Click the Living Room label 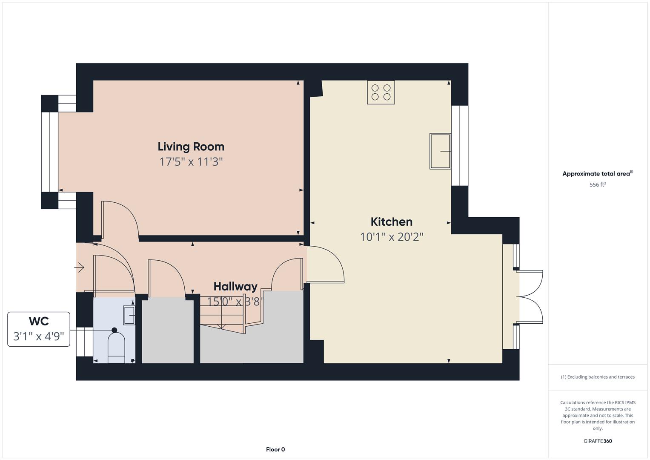191,147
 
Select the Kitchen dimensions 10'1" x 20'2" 391,237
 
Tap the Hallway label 235,286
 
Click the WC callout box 39,329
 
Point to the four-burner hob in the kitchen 381,92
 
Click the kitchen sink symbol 440,151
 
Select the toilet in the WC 116,346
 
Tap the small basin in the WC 129,316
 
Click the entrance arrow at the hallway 80,267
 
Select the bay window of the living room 50,152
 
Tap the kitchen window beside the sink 460,146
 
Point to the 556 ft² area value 597,185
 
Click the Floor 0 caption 275,449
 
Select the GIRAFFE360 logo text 597,441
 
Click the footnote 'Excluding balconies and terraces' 597,377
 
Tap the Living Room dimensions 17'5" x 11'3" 191,162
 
